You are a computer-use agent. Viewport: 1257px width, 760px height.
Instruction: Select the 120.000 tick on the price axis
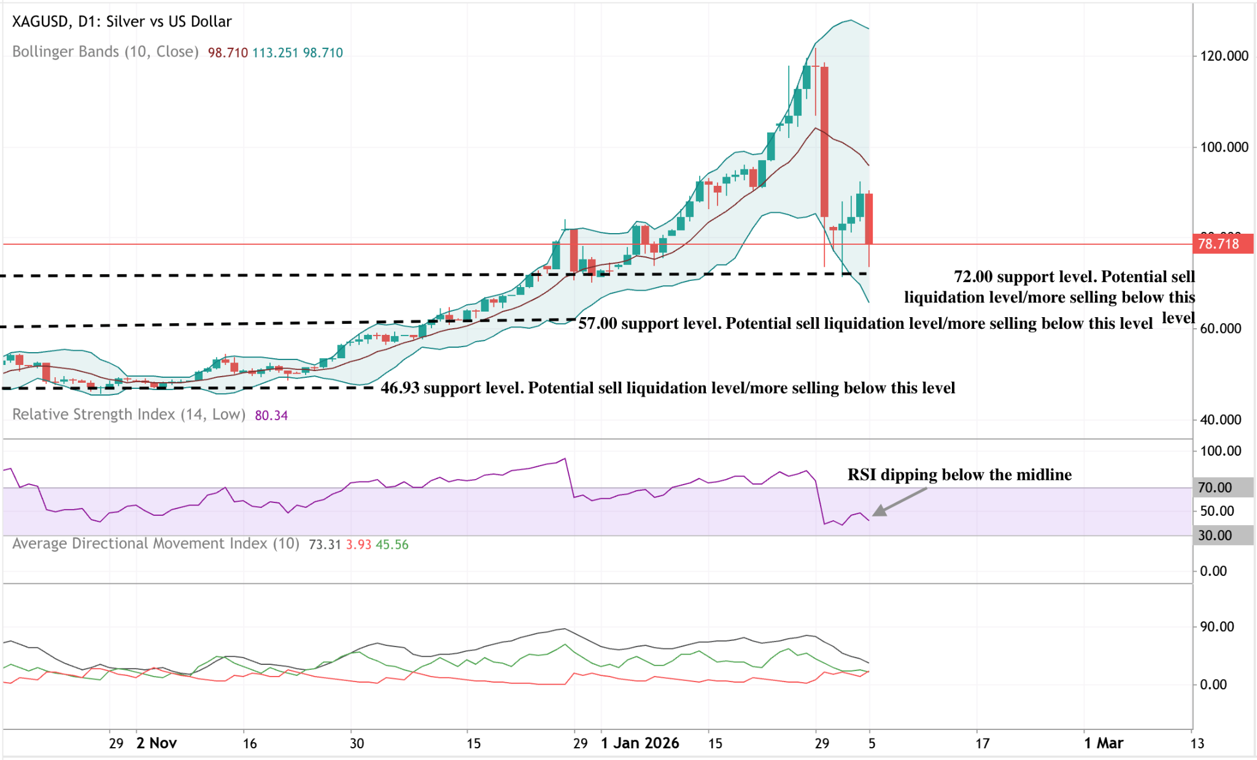[x=1224, y=56]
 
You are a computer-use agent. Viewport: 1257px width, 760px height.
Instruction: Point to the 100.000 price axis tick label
[x=1224, y=147]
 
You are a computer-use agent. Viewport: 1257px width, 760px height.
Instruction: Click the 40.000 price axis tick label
[x=1220, y=420]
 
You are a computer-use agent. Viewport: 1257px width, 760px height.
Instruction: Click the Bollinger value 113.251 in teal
[x=275, y=53]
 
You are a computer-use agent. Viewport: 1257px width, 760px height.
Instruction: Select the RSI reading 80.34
[x=271, y=415]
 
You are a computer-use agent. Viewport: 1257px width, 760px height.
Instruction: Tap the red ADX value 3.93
[x=358, y=545]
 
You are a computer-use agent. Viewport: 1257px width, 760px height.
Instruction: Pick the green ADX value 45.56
[x=392, y=545]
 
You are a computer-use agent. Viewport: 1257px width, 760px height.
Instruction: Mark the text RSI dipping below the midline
[x=959, y=475]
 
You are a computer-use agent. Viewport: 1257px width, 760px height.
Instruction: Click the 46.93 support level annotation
[x=668, y=388]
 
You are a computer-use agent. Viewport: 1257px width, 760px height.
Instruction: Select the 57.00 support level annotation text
[x=865, y=323]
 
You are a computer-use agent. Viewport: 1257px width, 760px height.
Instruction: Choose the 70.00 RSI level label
[x=1215, y=488]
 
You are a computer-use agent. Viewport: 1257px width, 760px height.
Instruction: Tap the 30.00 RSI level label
[x=1215, y=535]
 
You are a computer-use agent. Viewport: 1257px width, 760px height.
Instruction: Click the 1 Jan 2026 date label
[x=640, y=743]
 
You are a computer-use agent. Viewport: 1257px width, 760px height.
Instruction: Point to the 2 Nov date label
[x=157, y=743]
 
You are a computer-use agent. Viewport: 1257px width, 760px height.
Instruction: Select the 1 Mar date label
[x=1104, y=743]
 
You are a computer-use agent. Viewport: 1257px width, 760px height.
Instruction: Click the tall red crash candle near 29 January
[x=824, y=141]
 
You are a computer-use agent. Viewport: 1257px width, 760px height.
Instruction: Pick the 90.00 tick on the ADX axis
[x=1216, y=626]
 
